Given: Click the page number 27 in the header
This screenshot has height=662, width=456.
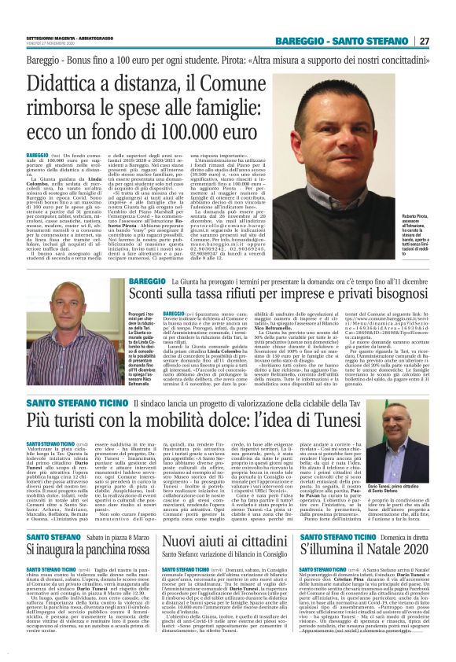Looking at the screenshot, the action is pos(425,40).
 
